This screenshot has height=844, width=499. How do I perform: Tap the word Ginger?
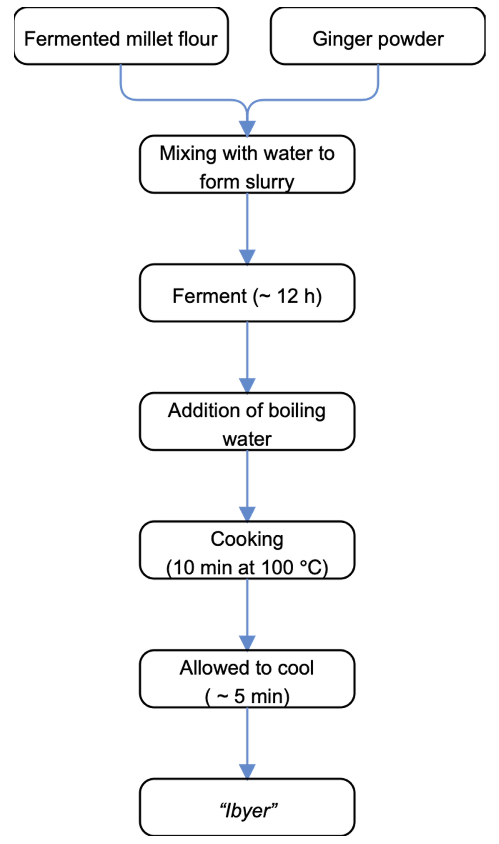point(342,39)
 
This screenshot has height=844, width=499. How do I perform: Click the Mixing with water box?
point(247,164)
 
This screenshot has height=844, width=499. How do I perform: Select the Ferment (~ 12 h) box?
point(247,293)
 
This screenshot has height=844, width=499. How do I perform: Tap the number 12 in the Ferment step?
point(288,296)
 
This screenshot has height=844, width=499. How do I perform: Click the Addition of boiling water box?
point(247,421)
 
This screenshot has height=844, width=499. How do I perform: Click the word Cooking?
point(247,539)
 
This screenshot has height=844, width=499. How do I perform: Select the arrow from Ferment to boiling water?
point(247,356)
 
